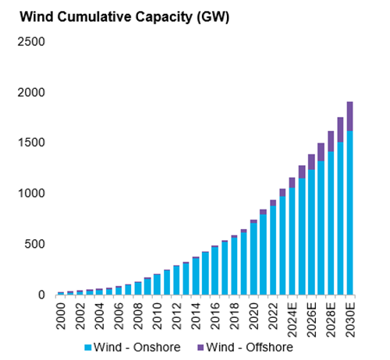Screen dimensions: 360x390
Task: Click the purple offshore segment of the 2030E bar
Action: coord(350,116)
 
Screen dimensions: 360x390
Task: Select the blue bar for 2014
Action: coord(196,277)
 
